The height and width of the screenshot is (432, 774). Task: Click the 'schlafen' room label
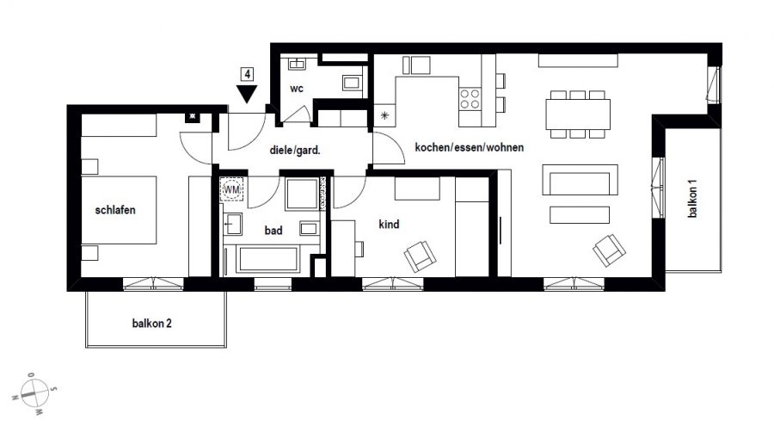click(x=115, y=210)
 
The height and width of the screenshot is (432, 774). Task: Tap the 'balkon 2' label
click(x=151, y=324)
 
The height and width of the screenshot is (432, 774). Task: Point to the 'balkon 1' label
click(x=692, y=199)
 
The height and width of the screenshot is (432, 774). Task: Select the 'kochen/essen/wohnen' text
click(x=469, y=147)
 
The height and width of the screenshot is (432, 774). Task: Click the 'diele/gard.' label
click(x=295, y=150)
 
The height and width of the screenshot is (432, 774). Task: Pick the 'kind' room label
click(x=389, y=224)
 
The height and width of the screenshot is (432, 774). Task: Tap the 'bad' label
click(x=273, y=230)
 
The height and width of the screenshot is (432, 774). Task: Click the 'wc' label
click(x=296, y=89)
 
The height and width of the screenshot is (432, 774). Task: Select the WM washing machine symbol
click(x=231, y=189)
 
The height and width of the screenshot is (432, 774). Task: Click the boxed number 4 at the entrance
click(x=247, y=75)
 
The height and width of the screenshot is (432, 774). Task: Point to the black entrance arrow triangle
click(x=247, y=94)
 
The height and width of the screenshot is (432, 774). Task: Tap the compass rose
click(x=34, y=393)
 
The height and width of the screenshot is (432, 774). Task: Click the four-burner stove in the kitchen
click(x=470, y=99)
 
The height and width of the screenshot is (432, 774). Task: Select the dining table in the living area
click(x=578, y=114)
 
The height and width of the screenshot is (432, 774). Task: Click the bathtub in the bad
click(x=268, y=259)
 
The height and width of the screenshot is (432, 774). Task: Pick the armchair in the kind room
click(x=420, y=256)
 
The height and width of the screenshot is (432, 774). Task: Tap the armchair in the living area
click(x=609, y=250)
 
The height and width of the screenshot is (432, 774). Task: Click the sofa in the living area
click(x=580, y=180)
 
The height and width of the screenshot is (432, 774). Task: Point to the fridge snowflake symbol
click(x=384, y=115)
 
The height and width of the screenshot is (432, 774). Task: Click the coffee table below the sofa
click(x=580, y=215)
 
